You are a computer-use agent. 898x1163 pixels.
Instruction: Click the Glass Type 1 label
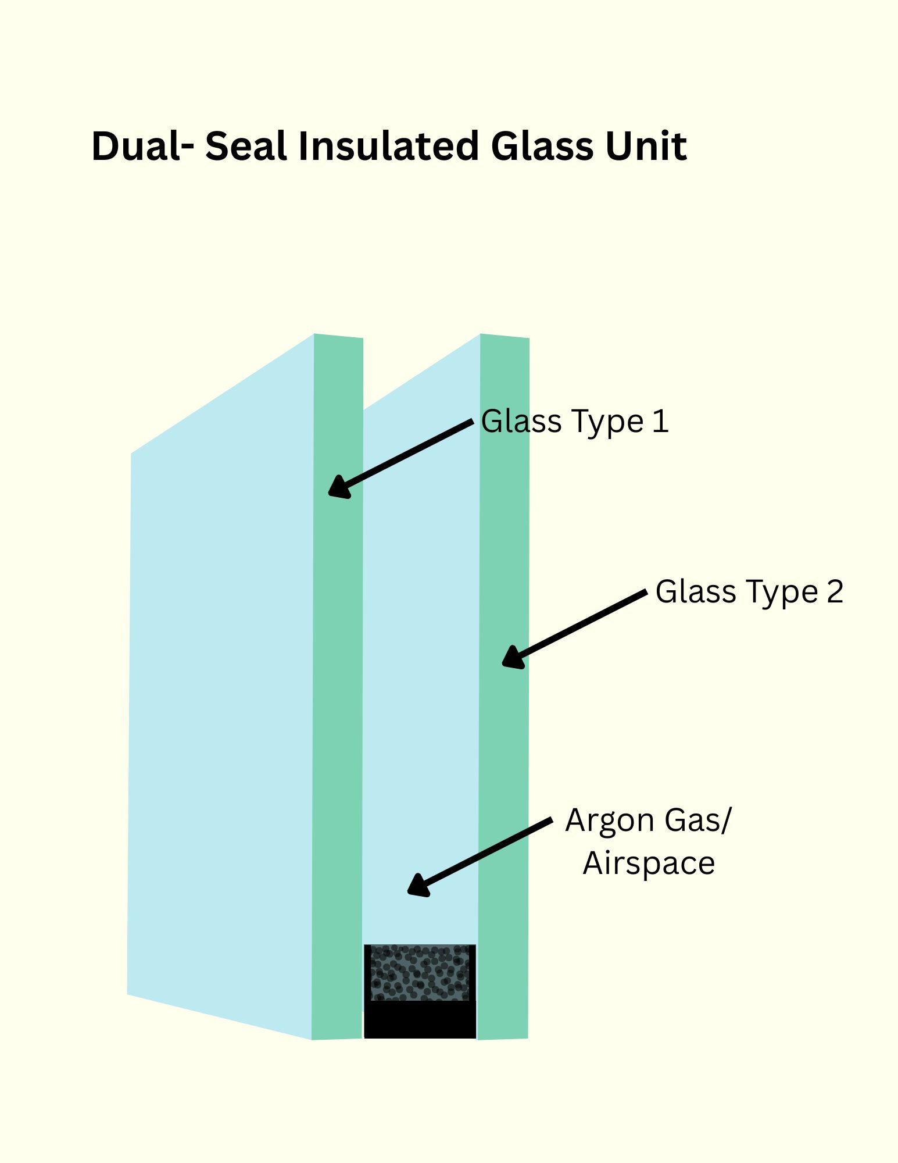(575, 422)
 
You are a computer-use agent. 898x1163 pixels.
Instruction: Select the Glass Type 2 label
(749, 592)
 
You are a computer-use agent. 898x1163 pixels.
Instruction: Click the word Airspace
(649, 864)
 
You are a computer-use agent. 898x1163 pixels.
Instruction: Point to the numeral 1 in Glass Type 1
(660, 421)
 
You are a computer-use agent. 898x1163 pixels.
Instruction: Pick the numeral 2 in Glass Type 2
(835, 591)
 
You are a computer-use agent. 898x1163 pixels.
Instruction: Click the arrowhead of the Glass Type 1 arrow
(339, 487)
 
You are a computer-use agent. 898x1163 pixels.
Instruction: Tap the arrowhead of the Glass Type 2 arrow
(513, 657)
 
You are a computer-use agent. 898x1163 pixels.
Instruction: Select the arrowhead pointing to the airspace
(418, 885)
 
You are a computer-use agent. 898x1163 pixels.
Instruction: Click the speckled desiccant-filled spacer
(420, 973)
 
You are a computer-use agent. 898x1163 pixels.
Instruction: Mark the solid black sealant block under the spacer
(420, 1019)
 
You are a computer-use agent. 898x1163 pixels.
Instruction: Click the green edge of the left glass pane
(338, 686)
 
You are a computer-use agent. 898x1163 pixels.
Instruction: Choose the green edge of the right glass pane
(504, 686)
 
